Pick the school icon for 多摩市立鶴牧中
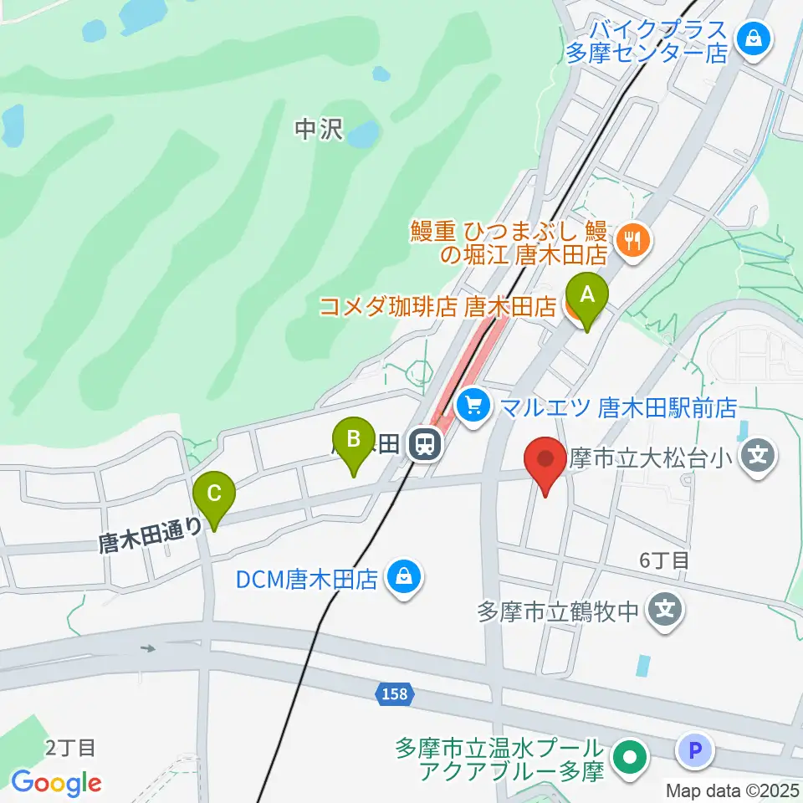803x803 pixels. [x=665, y=611]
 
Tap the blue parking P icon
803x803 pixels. [x=695, y=750]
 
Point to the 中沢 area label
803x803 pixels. [x=319, y=129]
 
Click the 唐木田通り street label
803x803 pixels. [x=151, y=533]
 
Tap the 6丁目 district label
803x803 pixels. [x=664, y=560]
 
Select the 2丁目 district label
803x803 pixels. [x=71, y=747]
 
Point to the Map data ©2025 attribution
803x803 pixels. [x=733, y=789]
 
